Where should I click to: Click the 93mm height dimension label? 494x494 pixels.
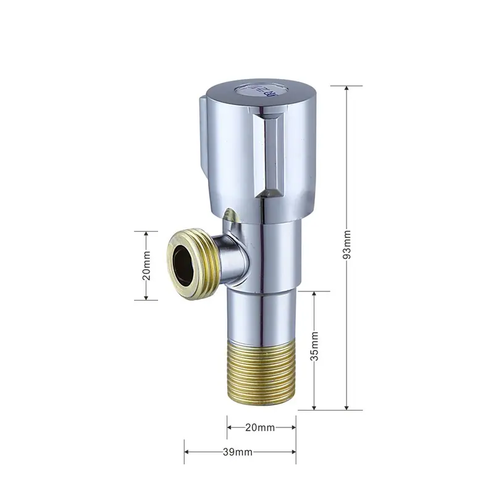click(x=346, y=245)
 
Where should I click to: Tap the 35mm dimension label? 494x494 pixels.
click(x=314, y=346)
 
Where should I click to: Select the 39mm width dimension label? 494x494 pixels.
click(x=238, y=452)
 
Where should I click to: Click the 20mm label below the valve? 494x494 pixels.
click(x=260, y=427)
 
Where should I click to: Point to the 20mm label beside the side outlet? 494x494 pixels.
click(x=146, y=266)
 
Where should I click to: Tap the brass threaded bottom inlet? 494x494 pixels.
click(x=261, y=373)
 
